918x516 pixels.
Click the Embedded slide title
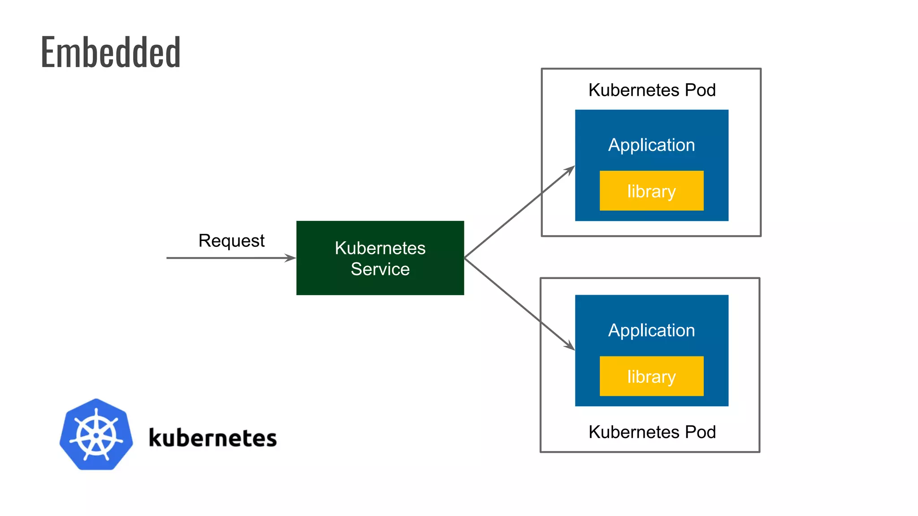(x=110, y=53)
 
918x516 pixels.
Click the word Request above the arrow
(x=231, y=241)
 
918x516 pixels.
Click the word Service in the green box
(x=380, y=269)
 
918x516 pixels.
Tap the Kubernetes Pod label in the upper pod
(x=652, y=90)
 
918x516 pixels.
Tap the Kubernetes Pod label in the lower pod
(x=652, y=432)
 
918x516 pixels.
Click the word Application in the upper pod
(x=651, y=145)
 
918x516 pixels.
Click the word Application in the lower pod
(x=651, y=331)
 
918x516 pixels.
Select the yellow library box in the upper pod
(x=651, y=191)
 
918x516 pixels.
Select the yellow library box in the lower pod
(x=651, y=376)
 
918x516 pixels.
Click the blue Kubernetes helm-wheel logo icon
(x=96, y=434)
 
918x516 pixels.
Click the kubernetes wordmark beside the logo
(x=212, y=438)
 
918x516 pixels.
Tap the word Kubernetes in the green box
(x=380, y=248)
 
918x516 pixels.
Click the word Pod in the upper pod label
(x=700, y=90)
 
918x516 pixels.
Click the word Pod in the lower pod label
(x=700, y=432)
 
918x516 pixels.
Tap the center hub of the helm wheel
(x=96, y=435)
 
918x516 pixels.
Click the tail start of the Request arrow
(x=168, y=258)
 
